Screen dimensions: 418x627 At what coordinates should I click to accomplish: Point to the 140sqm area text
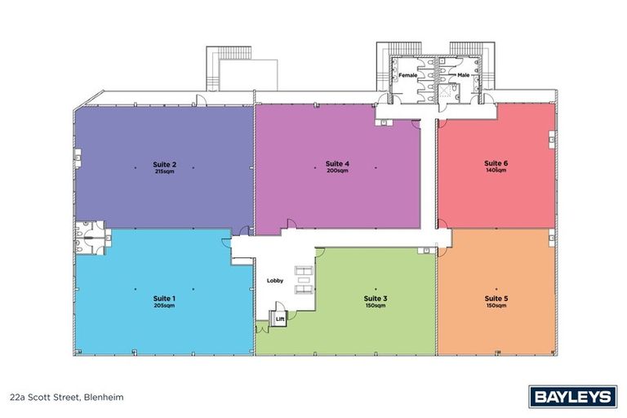[496, 171]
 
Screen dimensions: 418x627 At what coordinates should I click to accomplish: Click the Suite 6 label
[496, 163]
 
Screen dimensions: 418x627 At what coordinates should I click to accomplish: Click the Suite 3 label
[376, 299]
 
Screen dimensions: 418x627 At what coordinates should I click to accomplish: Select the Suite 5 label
[496, 299]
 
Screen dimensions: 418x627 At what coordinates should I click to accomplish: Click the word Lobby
[275, 281]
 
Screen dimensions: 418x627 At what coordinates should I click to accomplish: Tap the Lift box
[280, 319]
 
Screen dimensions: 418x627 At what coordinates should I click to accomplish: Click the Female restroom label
[408, 75]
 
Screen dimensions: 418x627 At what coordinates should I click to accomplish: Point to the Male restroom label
[463, 75]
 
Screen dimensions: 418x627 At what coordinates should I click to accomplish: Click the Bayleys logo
[572, 397]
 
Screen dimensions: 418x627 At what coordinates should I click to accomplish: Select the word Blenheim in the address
[102, 398]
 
